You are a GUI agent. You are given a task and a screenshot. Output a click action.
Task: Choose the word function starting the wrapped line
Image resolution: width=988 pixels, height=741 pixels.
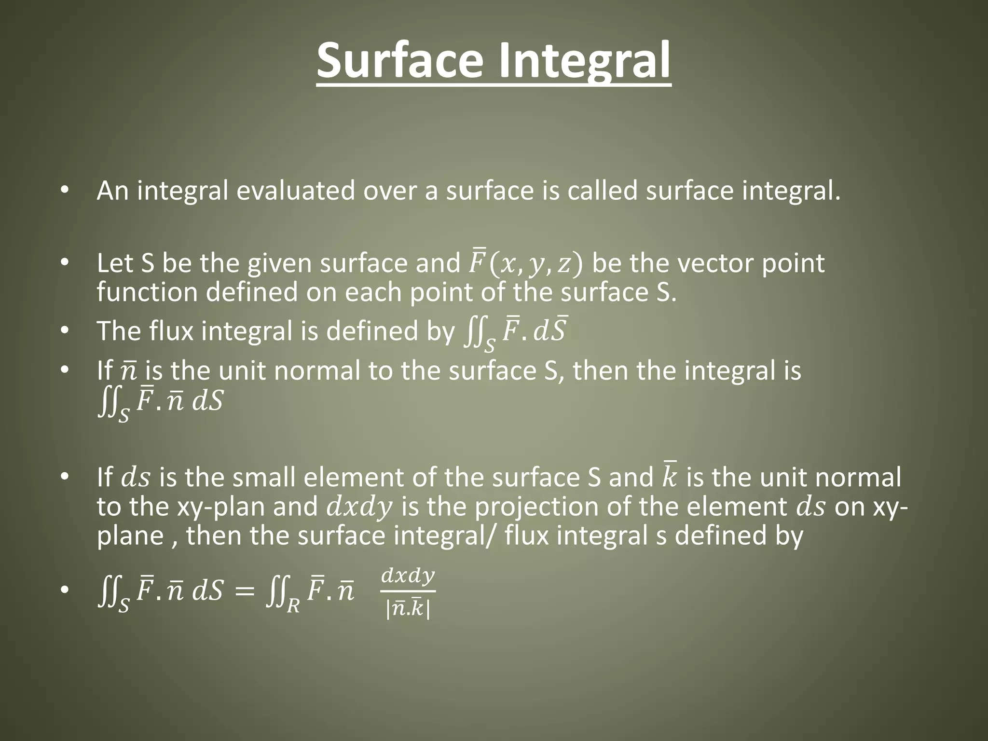pos(147,292)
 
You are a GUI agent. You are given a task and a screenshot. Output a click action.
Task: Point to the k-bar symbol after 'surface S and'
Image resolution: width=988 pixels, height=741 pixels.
pos(669,477)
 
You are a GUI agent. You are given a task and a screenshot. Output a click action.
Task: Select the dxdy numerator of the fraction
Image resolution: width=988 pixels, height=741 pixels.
pos(408,576)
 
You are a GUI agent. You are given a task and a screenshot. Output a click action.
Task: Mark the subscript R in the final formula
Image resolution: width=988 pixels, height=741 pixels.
pos(293,606)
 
